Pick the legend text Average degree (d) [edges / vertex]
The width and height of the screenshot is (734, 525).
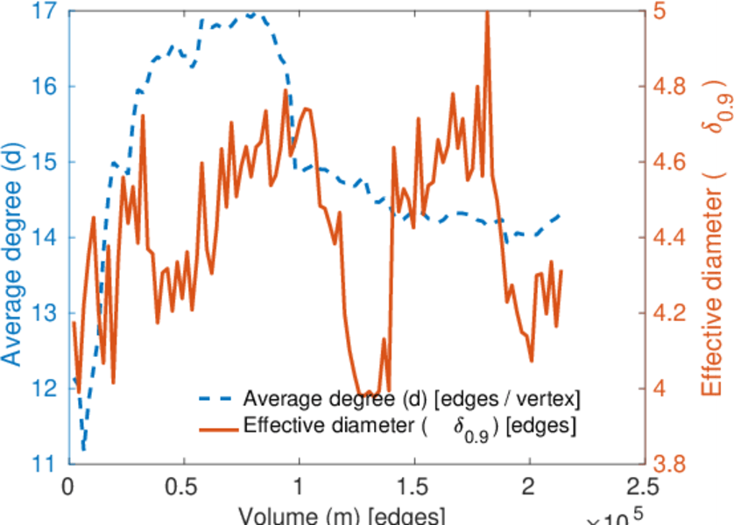point(412,400)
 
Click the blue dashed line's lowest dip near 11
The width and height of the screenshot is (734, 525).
point(83,448)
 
